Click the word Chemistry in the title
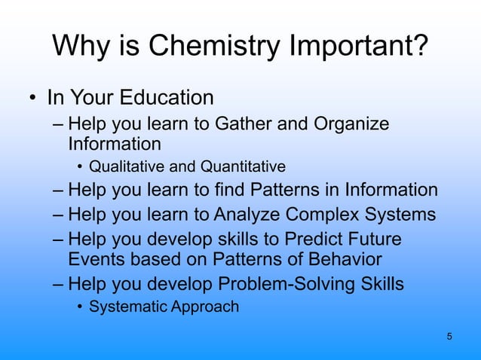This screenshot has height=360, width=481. click(x=213, y=46)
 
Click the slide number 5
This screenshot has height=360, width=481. click(x=449, y=336)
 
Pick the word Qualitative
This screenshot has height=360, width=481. click(x=125, y=166)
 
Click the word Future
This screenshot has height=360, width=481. click(x=374, y=239)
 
